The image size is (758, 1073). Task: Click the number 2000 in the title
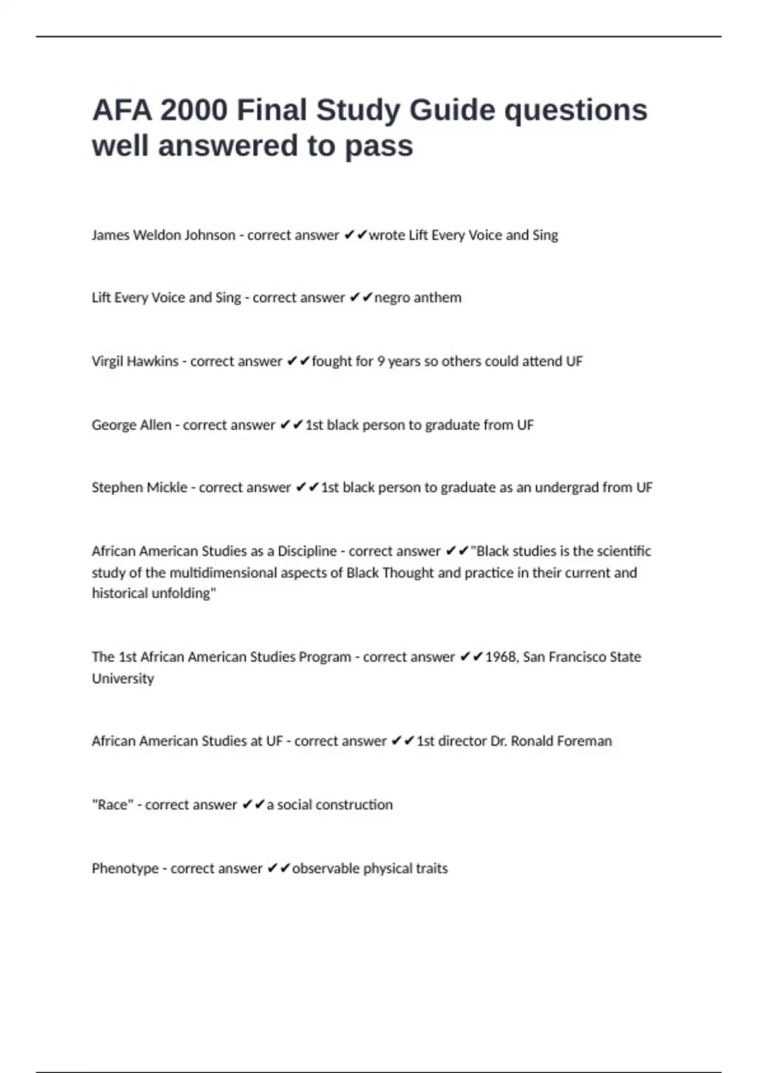[x=193, y=110]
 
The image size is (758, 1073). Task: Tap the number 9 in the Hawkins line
[x=381, y=362]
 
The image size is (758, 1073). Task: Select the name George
[x=112, y=425]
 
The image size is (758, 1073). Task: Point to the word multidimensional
[x=212, y=573]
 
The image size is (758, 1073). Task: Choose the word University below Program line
[x=123, y=679]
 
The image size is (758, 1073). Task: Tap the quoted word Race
[x=112, y=805]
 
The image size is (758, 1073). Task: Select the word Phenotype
[x=125, y=868]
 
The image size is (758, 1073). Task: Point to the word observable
[x=325, y=868]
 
